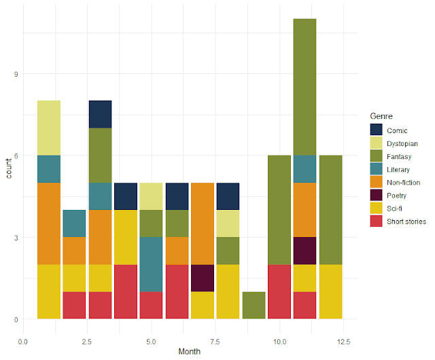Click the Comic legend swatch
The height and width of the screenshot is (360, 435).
[x=376, y=130]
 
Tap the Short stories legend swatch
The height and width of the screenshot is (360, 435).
[x=376, y=221]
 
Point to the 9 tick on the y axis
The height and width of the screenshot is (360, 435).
[x=15, y=73]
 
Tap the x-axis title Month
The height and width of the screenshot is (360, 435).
[x=190, y=352]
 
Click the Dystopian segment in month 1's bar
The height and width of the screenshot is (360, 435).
[x=49, y=128]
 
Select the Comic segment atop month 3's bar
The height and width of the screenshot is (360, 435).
[x=100, y=114]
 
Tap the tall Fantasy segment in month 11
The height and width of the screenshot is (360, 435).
[x=304, y=87]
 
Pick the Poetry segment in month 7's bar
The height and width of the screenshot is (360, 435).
[x=203, y=278]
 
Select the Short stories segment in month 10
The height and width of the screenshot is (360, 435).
[x=279, y=291]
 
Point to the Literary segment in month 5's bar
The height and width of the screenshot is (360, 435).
[x=152, y=264]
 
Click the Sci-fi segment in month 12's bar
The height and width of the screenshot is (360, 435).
[x=330, y=291]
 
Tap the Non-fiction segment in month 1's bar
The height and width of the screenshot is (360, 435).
[x=49, y=223]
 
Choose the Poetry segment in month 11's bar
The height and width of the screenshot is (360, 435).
[x=304, y=251]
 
